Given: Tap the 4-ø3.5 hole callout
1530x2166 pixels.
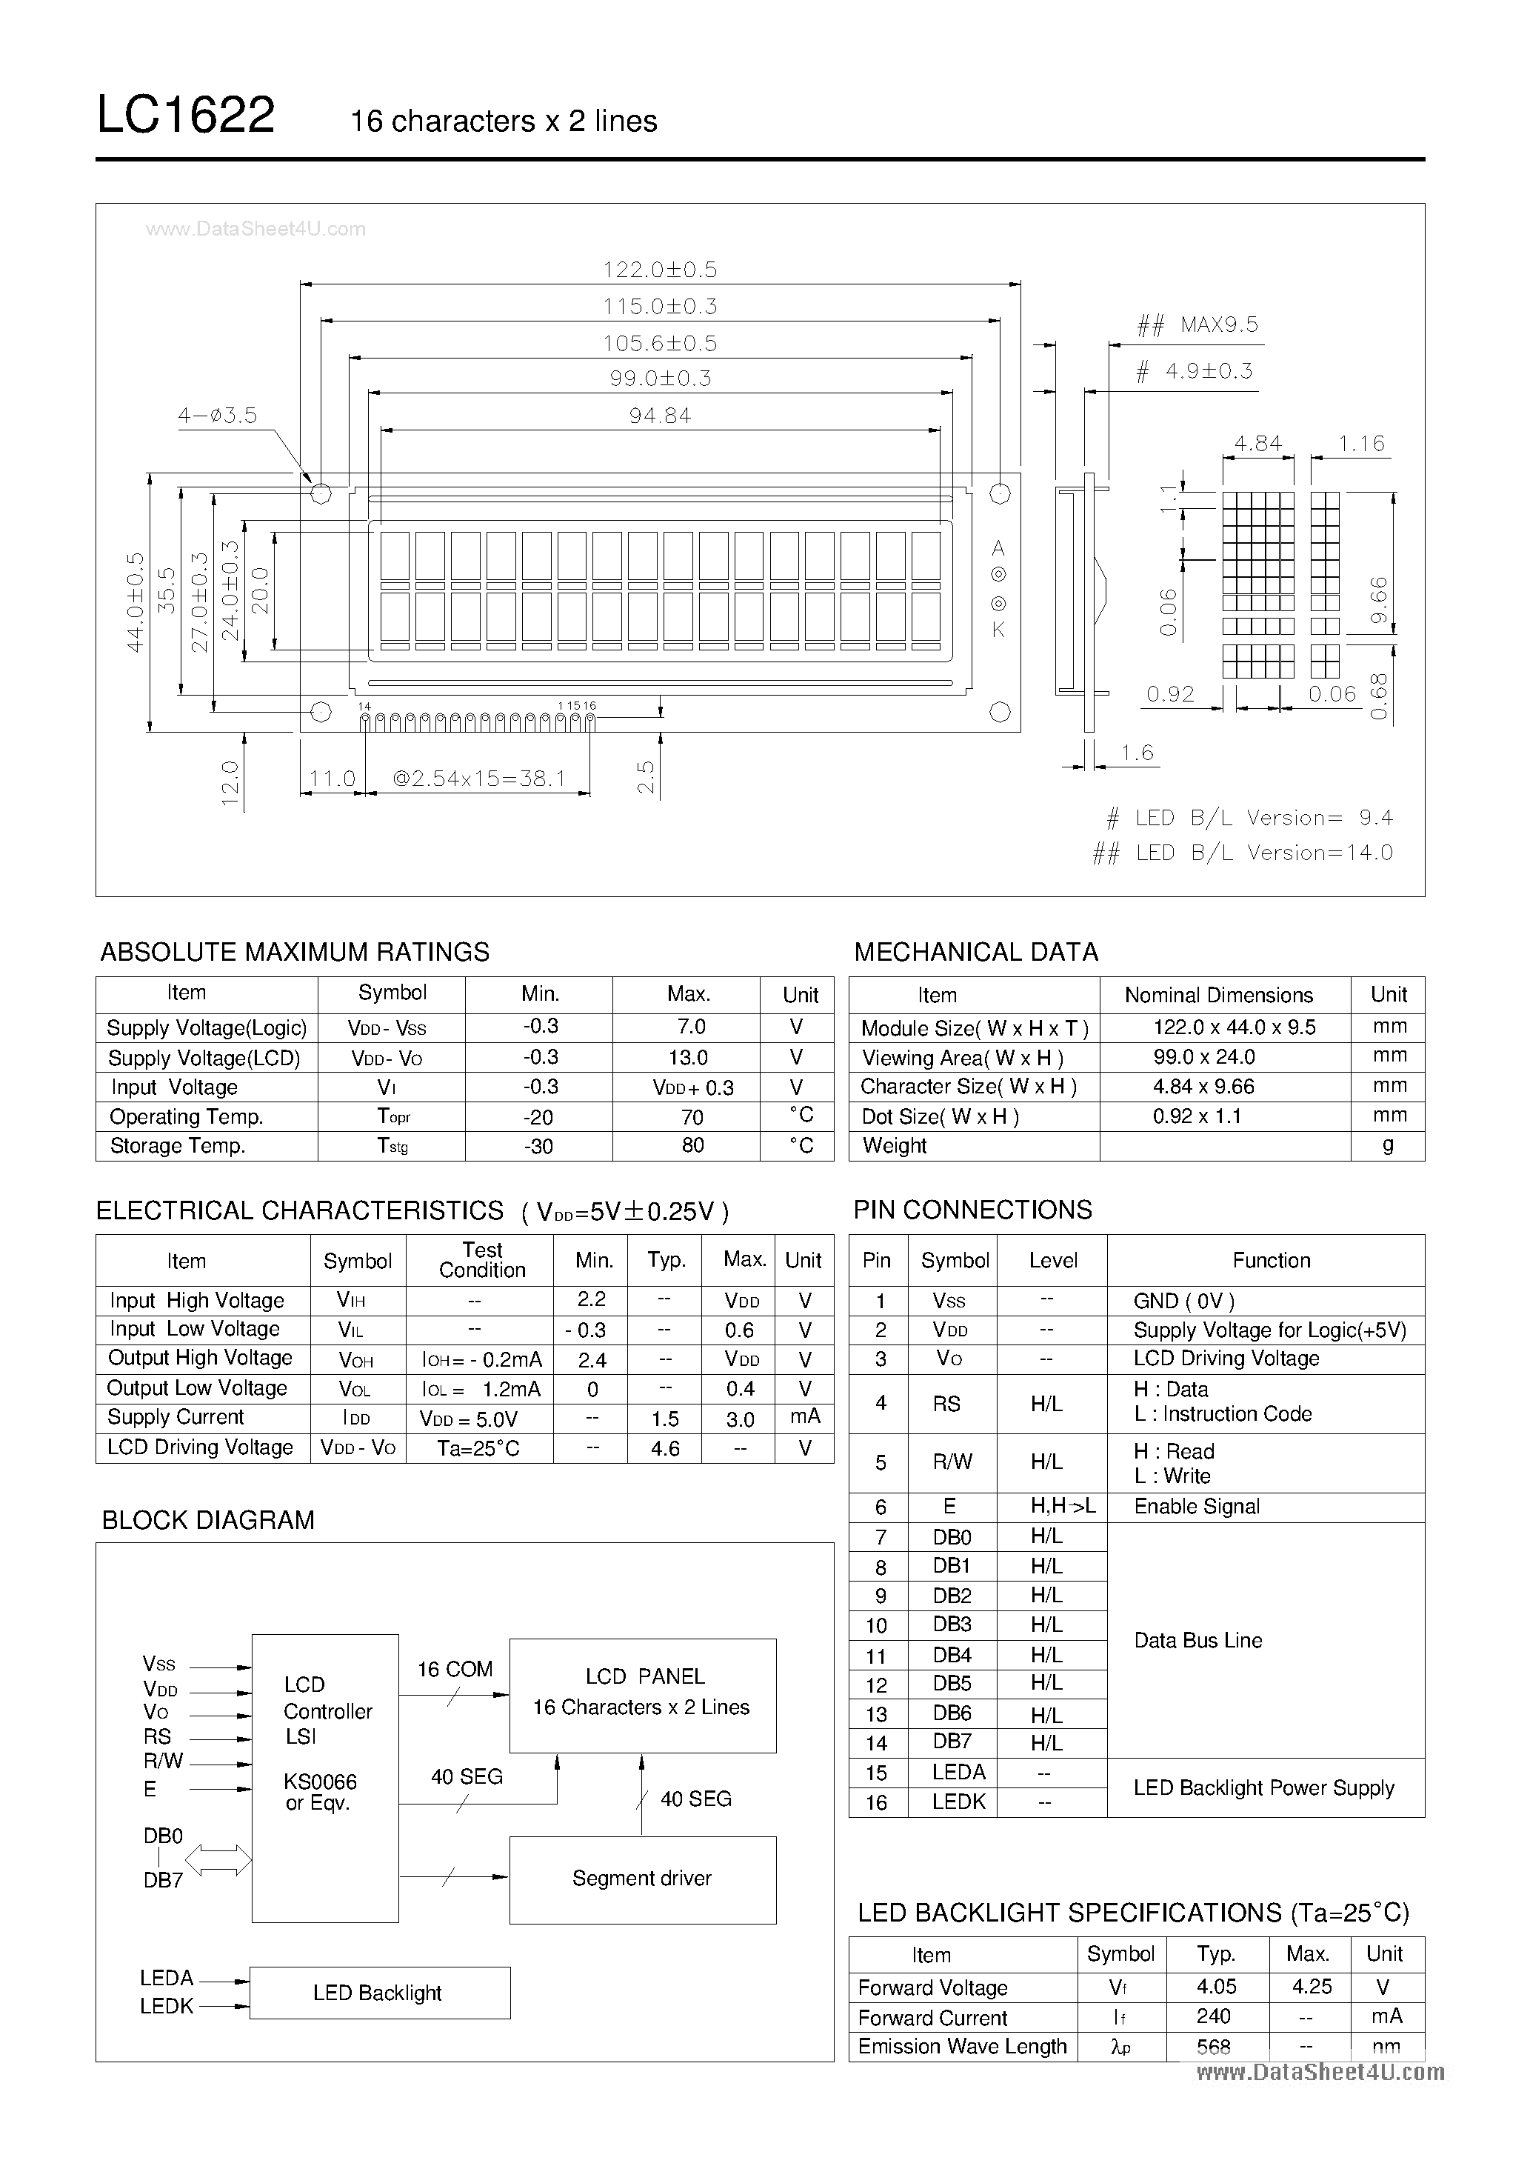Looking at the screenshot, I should tap(217, 415).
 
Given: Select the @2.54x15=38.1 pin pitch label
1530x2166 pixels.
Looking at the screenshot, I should tap(478, 779).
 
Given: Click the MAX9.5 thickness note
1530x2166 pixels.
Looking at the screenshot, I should tap(1219, 325).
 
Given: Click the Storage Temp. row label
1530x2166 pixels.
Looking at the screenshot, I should tap(177, 1145).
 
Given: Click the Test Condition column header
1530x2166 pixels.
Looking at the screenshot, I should tap(481, 1259).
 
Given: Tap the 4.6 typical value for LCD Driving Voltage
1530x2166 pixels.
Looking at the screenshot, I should tap(665, 1448).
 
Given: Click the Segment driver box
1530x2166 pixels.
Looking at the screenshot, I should tap(642, 1879).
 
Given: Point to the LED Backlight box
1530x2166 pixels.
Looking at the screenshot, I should tap(379, 1993).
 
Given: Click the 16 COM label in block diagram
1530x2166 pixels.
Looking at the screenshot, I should tap(455, 1669).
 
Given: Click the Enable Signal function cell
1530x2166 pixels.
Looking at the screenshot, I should tap(1196, 1507).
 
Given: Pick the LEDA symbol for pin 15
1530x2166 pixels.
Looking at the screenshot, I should tap(958, 1772).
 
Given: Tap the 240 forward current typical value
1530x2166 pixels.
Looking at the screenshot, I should tap(1213, 2016).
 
